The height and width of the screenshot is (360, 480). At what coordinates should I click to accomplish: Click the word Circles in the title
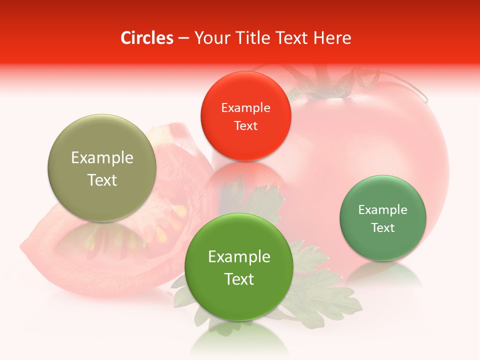pyautogui.click(x=147, y=38)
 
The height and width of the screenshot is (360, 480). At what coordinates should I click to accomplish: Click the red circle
pyautogui.click(x=245, y=116)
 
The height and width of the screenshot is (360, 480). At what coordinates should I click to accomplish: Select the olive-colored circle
pyautogui.click(x=102, y=168)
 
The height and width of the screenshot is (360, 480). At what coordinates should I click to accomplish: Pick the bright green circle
pyautogui.click(x=239, y=267)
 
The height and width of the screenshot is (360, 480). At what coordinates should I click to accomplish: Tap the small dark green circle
pyautogui.click(x=383, y=218)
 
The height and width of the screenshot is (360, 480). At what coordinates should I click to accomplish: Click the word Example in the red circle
pyautogui.click(x=245, y=107)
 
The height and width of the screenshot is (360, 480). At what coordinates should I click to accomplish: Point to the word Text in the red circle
pyautogui.click(x=245, y=125)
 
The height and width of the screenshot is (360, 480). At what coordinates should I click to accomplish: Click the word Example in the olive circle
pyautogui.click(x=102, y=157)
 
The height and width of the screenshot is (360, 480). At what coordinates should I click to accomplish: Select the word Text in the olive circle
pyautogui.click(x=102, y=180)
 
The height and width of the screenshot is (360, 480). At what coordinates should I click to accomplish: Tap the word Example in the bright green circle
pyautogui.click(x=239, y=256)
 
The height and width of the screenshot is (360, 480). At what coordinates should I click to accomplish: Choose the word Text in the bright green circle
pyautogui.click(x=239, y=279)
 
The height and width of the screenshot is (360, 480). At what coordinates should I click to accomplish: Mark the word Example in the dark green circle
pyautogui.click(x=383, y=209)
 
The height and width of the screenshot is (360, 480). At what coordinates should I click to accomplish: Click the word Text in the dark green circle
pyautogui.click(x=383, y=227)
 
